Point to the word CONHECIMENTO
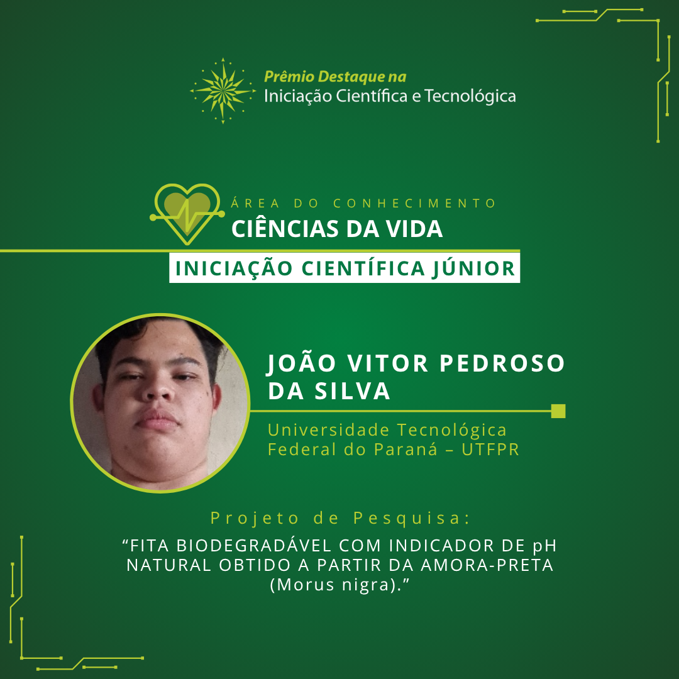(x=415, y=203)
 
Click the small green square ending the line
(x=558, y=411)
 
